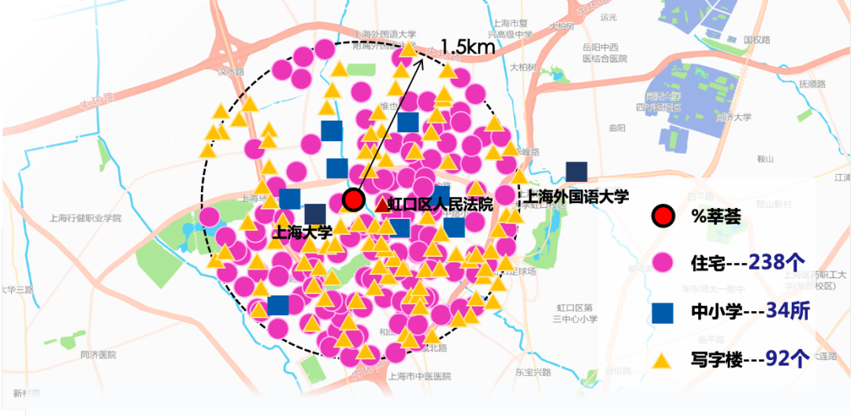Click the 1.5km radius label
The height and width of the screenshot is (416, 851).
[468, 46]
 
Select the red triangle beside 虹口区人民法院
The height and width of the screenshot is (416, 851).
[383, 206]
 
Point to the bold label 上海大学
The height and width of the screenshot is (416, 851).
[302, 232]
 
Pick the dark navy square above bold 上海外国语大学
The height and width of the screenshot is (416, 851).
[577, 172]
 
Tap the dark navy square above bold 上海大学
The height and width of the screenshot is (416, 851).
[315, 214]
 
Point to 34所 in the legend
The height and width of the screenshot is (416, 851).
[782, 312]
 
